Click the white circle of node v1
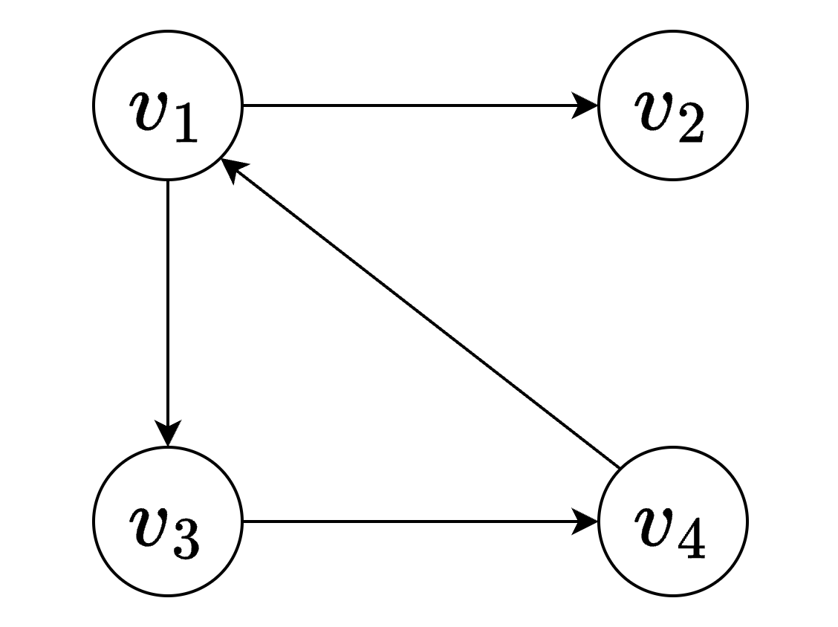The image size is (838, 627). (x=168, y=105)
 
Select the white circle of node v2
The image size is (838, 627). (x=672, y=105)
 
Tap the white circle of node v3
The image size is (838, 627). (x=168, y=521)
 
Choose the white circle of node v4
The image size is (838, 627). (x=672, y=521)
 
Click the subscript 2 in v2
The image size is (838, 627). (x=690, y=124)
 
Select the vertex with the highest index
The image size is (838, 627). (x=672, y=521)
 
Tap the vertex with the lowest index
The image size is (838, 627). (x=168, y=105)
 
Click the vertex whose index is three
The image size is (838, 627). (x=168, y=521)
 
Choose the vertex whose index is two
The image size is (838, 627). (x=672, y=105)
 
